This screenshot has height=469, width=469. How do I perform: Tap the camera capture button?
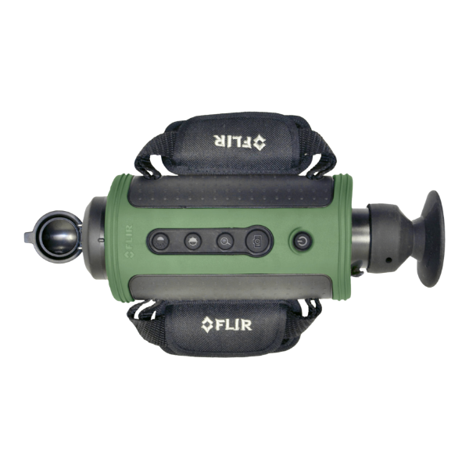tap(256, 240)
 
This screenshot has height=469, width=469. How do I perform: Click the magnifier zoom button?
tap(225, 241)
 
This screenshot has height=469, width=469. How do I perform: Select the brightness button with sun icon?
tap(160, 241)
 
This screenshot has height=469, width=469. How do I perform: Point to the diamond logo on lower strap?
tap(207, 325)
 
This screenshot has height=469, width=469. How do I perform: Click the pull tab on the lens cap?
tap(28, 238)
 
